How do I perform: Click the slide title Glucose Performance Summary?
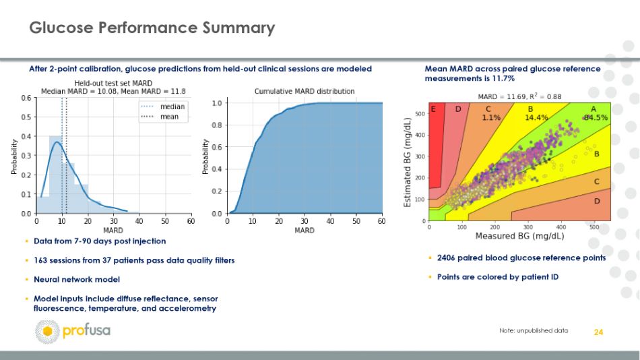coord(152,28)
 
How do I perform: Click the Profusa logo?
coord(73,331)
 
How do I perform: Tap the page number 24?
coord(598,332)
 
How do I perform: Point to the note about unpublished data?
coord(534,330)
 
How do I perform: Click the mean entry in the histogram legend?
coord(160,117)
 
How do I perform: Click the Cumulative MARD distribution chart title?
coord(305,91)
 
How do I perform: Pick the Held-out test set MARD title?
coord(113,83)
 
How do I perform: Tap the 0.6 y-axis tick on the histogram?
coord(26,98)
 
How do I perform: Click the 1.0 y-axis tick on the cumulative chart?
coord(217,103)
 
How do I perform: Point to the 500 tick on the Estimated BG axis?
coord(420,113)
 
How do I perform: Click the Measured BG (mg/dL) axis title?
coord(519,236)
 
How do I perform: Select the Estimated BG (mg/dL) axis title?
coord(407,162)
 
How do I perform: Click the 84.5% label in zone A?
coord(596,118)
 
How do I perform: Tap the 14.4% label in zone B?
coord(536,118)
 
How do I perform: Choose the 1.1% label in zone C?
coord(491,118)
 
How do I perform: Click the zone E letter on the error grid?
coord(433,109)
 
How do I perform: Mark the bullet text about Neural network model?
coord(77,280)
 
